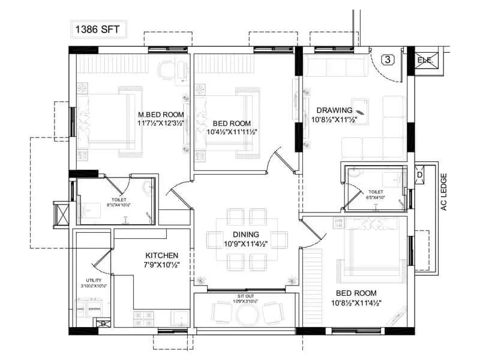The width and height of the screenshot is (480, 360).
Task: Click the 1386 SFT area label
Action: point(97,28)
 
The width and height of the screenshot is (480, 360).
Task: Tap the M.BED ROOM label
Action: point(161,114)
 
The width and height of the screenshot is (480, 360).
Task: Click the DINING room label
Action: point(246,234)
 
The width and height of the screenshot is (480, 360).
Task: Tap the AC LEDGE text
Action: point(445,191)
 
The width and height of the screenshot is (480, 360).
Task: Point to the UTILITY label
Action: point(94,280)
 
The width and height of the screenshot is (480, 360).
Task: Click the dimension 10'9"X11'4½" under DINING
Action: point(246,244)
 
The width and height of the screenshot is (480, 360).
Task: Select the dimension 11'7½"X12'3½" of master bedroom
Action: point(161,123)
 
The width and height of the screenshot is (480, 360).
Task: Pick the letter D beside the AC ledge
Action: point(419,175)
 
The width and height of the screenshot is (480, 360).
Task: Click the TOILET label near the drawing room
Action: point(376,191)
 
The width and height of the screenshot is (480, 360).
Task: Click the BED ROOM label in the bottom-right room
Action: point(356,293)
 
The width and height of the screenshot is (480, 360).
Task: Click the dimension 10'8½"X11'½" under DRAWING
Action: point(335,120)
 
